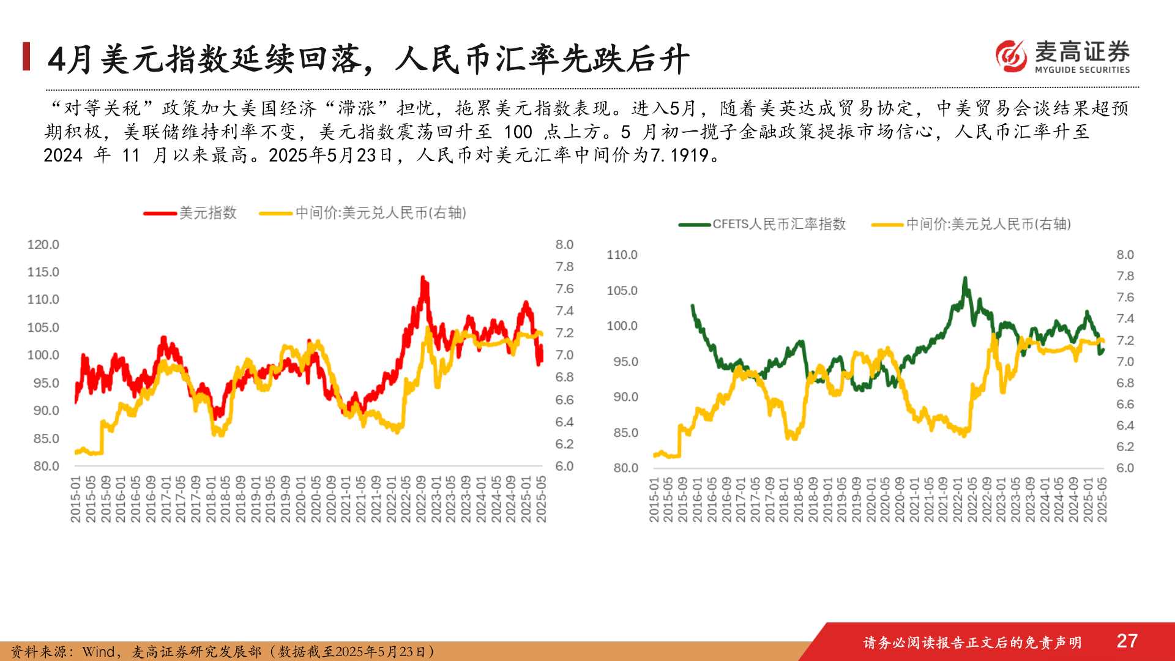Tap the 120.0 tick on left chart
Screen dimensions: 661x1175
tap(43, 245)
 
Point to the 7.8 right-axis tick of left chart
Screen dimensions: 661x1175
tap(564, 267)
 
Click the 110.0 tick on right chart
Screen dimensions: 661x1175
tap(622, 255)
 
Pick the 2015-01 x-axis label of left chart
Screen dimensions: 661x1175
tap(76, 499)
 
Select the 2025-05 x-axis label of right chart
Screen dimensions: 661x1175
tap(1102, 499)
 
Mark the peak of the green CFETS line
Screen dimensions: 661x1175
tap(965, 279)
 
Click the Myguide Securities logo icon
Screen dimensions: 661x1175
tap(1011, 56)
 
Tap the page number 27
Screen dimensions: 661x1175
tap(1127, 641)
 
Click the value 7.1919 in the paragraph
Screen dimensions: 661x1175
tap(679, 155)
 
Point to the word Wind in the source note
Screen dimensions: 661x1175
tap(98, 652)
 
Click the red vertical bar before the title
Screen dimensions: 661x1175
tap(26, 56)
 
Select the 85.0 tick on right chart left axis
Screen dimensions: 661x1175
tap(625, 433)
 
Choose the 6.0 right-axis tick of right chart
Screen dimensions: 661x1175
tap(1125, 468)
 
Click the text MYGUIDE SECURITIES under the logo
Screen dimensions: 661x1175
tap(1082, 70)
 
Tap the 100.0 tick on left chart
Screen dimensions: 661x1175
tap(43, 356)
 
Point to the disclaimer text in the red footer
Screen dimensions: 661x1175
tap(972, 642)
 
